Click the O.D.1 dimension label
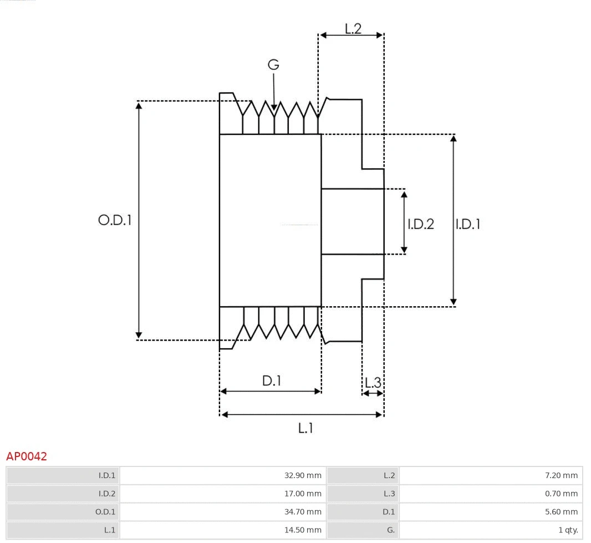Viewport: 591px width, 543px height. coord(115,220)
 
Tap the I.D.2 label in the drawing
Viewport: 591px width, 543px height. coord(421,224)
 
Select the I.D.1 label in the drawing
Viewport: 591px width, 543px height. coord(468,224)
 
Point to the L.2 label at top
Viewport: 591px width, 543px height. coord(353,28)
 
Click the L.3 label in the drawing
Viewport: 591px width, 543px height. coord(373,382)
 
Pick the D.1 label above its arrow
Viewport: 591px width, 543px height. coord(272,381)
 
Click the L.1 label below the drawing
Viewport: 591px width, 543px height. coord(306,428)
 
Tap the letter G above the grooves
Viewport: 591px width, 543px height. coord(273,65)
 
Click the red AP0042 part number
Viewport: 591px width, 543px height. coord(27,456)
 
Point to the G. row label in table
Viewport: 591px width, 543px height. coord(390,530)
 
